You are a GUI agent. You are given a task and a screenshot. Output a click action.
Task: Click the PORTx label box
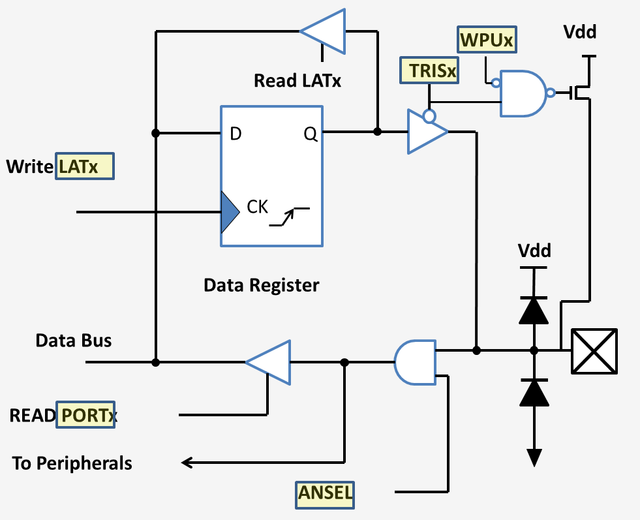click(x=86, y=415)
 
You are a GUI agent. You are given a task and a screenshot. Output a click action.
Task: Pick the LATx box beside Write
click(x=84, y=166)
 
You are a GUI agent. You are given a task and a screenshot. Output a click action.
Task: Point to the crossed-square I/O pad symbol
click(x=594, y=351)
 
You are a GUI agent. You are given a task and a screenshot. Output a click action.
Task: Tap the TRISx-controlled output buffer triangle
click(x=425, y=132)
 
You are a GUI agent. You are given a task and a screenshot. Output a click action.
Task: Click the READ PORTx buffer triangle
click(x=269, y=361)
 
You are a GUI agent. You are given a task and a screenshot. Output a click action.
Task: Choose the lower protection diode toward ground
click(x=534, y=391)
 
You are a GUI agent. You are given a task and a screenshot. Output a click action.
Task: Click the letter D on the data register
click(x=236, y=134)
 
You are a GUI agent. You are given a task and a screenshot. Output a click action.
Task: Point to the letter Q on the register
click(x=311, y=134)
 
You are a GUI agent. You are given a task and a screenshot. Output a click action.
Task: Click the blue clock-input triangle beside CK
click(x=228, y=212)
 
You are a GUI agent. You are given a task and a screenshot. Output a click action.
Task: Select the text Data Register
click(x=261, y=285)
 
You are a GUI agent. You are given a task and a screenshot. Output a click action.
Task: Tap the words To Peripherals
click(x=72, y=463)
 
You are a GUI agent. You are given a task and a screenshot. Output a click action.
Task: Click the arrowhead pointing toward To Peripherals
click(x=187, y=463)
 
